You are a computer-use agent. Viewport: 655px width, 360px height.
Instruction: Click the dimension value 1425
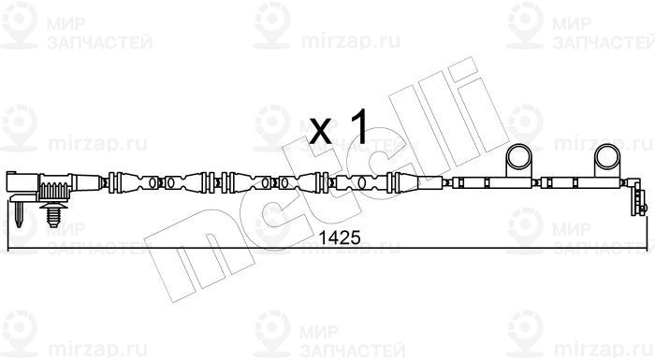pos(339,238)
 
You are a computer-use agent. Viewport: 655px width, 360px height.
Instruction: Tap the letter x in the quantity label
pos(320,130)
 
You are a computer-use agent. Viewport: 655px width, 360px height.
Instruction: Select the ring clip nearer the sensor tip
pos(607,156)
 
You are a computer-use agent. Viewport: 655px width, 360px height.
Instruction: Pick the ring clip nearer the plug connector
pos(518,156)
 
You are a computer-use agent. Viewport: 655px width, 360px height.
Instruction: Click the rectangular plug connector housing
pos(22,183)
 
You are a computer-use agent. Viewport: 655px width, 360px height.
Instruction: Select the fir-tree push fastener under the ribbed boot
pos(53,214)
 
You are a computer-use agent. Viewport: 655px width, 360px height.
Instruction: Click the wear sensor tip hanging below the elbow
pos(639,203)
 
